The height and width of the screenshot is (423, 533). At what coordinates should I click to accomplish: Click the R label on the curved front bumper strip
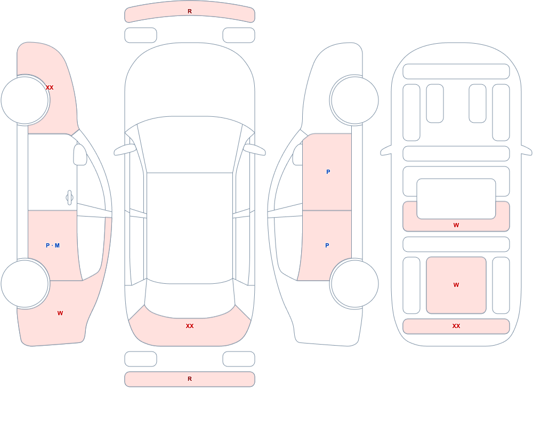pyautogui.click(x=190, y=11)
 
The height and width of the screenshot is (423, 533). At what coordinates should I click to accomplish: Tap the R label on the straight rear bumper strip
pyautogui.click(x=190, y=379)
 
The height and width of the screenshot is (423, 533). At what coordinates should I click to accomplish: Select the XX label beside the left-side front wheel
pyautogui.click(x=50, y=87)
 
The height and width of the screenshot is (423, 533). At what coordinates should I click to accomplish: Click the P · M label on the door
pyautogui.click(x=53, y=245)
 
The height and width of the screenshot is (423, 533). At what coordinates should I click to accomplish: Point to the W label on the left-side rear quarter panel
pyautogui.click(x=60, y=313)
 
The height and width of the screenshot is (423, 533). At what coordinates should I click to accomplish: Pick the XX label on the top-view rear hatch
pyautogui.click(x=190, y=326)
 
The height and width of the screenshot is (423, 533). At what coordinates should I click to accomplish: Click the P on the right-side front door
pyautogui.click(x=328, y=172)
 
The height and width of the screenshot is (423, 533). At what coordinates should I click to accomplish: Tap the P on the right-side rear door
pyautogui.click(x=327, y=245)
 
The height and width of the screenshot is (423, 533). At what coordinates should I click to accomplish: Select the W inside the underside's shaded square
pyautogui.click(x=456, y=285)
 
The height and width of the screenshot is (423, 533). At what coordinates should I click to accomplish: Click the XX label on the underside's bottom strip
pyautogui.click(x=456, y=326)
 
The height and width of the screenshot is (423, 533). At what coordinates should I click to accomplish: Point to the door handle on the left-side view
pyautogui.click(x=69, y=198)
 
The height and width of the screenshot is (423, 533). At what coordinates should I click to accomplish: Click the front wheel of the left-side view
pyautogui.click(x=25, y=100)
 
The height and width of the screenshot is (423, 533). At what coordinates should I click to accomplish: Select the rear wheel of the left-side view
pyautogui.click(x=25, y=283)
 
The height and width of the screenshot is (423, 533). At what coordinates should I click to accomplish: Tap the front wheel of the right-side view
pyautogui.click(x=354, y=100)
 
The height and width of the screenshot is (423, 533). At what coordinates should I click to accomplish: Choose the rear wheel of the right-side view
pyautogui.click(x=354, y=283)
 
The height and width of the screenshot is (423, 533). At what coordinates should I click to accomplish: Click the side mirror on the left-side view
pyautogui.click(x=80, y=155)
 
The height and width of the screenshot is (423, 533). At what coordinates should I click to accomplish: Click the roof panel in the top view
pyautogui.click(x=190, y=226)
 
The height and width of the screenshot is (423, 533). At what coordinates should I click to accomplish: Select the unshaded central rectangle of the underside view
pyautogui.click(x=456, y=199)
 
